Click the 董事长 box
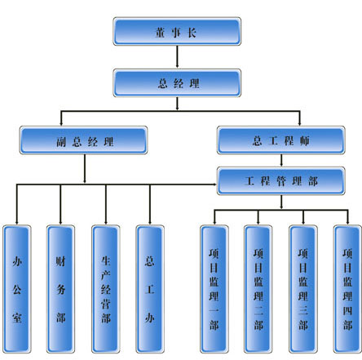pos(177,31)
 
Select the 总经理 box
pos(177,82)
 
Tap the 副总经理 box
pos(83,140)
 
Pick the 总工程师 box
pos(281,140)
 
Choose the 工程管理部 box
pos(281,181)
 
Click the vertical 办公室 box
pos(17,289)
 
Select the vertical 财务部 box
pos(60,289)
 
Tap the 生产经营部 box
pos(106,289)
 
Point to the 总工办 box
pos(150,289)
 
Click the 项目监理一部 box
pos(214,289)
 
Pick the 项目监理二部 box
pos(258,289)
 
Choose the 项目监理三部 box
pos(303,289)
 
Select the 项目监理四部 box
pos(347,289)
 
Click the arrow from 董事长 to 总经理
pos(177,56)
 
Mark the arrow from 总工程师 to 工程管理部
pos(281,160)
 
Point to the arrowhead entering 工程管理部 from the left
pos(215,184)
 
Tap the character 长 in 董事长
pos(192,33)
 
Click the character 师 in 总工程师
pos(305,140)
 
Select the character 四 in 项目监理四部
pos(347,310)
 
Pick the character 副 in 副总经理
pos(61,142)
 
